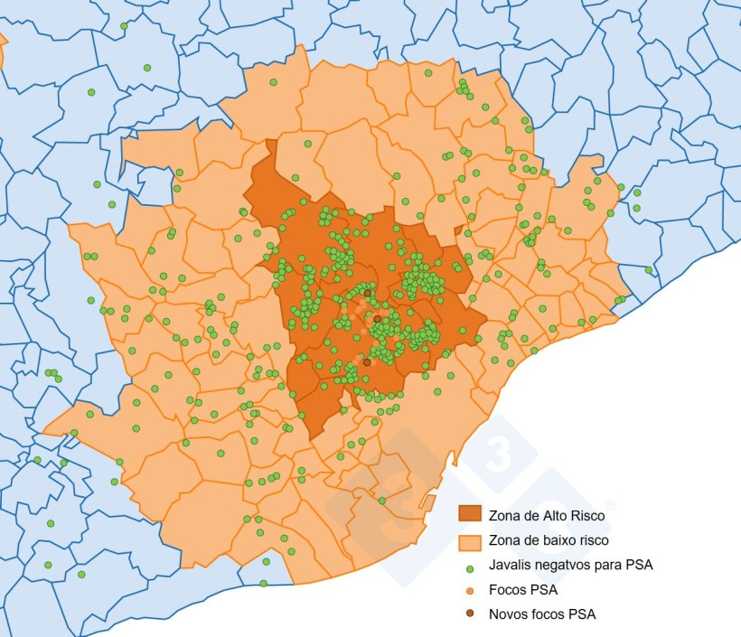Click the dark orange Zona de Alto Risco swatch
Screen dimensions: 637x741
point(470,514)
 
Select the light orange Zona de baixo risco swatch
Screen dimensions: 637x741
point(470,542)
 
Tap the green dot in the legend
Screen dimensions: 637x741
point(470,568)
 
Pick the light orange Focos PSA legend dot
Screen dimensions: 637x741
point(470,591)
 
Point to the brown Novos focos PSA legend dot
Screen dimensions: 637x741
point(470,614)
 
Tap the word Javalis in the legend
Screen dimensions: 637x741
point(509,566)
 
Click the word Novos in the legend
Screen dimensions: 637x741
point(509,614)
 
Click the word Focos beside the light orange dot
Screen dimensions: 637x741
point(509,590)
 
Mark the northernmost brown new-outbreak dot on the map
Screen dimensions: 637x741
point(367,293)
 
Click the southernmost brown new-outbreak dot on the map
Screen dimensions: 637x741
point(366,362)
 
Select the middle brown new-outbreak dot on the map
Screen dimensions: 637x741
point(377,319)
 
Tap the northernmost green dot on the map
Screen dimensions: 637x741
point(124,25)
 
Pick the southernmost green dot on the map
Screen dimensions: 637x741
point(263,584)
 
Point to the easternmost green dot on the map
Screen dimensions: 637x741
point(648,270)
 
